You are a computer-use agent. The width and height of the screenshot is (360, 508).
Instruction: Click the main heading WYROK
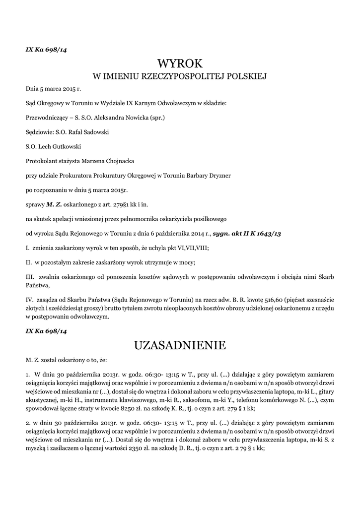tap(180, 63)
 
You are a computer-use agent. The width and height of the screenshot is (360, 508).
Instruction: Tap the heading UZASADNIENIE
tap(180, 345)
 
